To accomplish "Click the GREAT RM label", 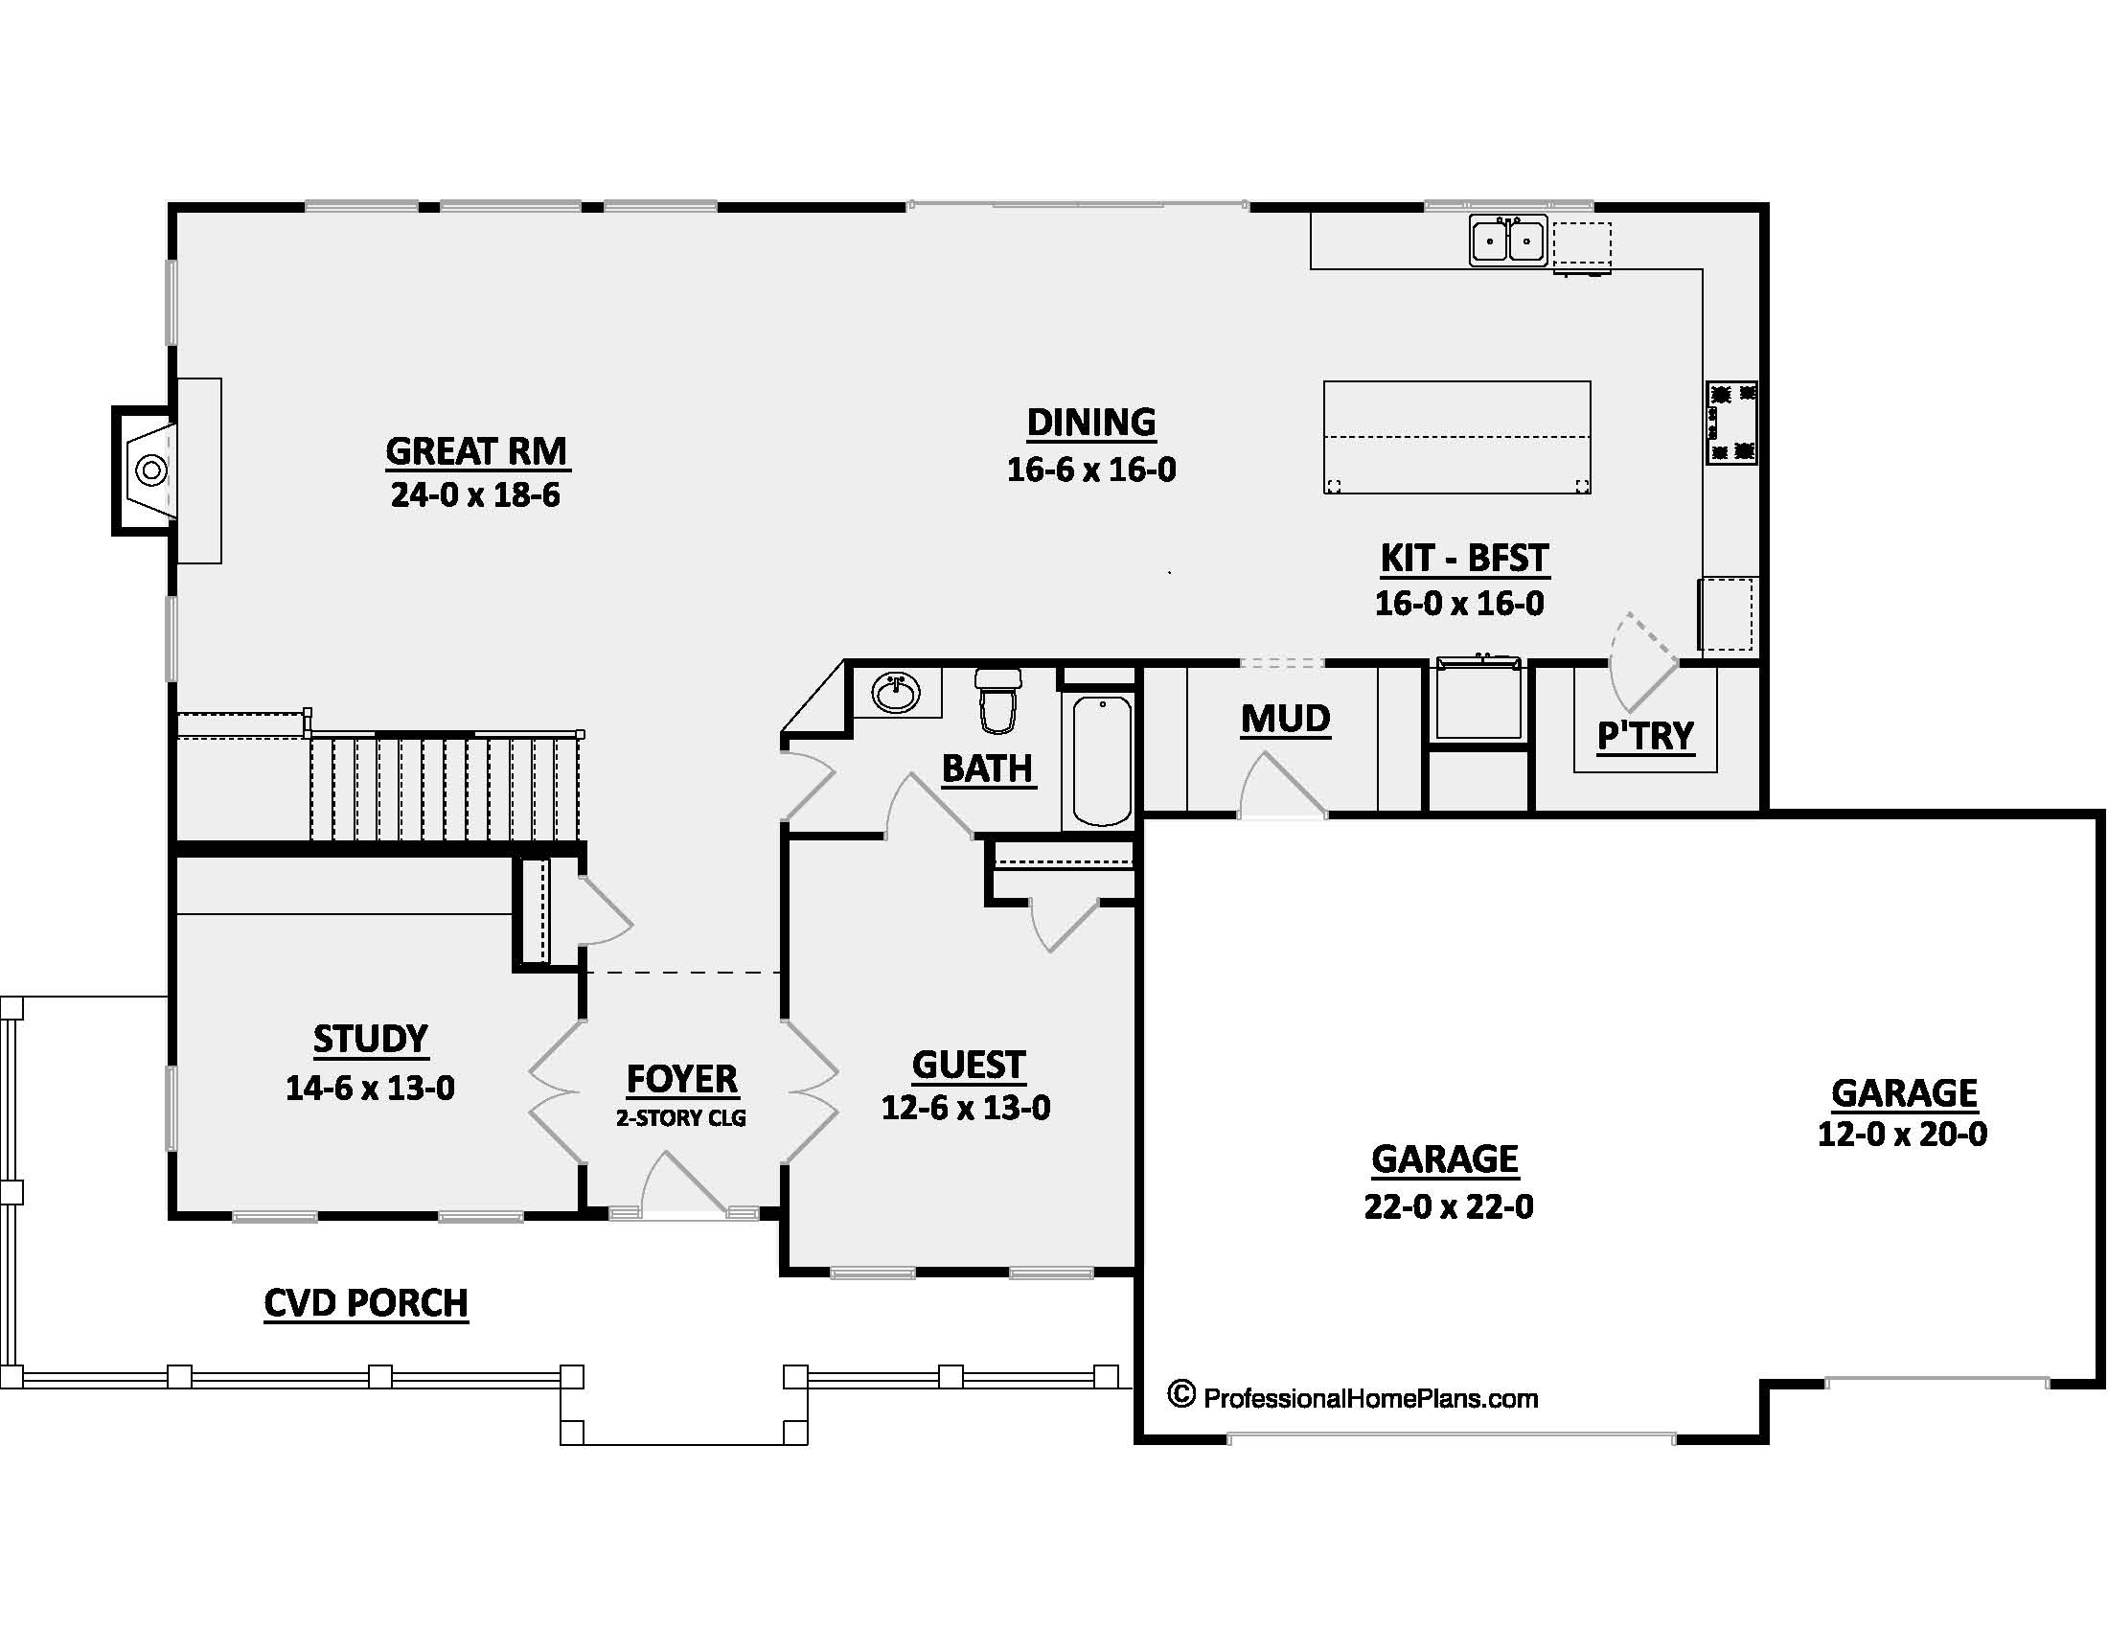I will point(476,450).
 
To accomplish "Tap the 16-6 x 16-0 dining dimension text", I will point(1090,470).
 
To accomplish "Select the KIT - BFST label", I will point(1463,558).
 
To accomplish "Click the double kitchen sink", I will point(1507,241).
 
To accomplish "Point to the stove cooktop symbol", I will point(1730,423).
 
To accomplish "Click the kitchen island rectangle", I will point(1455,437).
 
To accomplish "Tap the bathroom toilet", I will point(998,700).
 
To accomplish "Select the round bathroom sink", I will point(896,692).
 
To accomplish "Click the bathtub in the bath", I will point(1101,761).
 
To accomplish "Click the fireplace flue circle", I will point(151,470).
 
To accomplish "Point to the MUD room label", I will point(1285,719).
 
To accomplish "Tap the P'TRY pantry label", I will point(1644,735).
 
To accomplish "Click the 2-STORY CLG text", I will point(680,1117).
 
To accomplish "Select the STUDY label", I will point(370,1039).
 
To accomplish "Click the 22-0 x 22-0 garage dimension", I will point(1448,1206).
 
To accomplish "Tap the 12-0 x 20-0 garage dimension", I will point(1901,1134).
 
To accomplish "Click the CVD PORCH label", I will point(366,1303).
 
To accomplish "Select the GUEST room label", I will point(967,1065).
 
